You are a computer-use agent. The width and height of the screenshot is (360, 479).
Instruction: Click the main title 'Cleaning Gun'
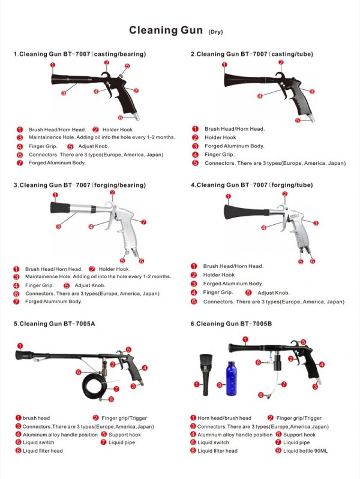166,30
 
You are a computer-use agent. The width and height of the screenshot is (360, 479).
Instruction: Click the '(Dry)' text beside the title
218,32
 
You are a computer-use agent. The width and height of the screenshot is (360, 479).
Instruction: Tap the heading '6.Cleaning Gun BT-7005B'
231,324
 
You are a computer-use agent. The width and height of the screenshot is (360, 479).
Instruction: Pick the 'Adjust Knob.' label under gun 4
273,293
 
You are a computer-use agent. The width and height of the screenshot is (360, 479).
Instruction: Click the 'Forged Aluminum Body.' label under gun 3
53,302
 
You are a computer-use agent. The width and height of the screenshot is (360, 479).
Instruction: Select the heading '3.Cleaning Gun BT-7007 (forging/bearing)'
79,185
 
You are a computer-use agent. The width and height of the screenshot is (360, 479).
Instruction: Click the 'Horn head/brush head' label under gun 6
224,418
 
